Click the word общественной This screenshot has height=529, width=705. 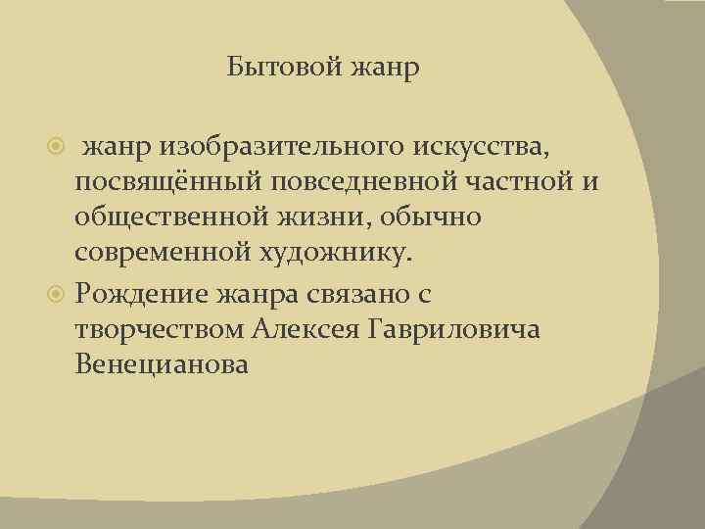[176, 218]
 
